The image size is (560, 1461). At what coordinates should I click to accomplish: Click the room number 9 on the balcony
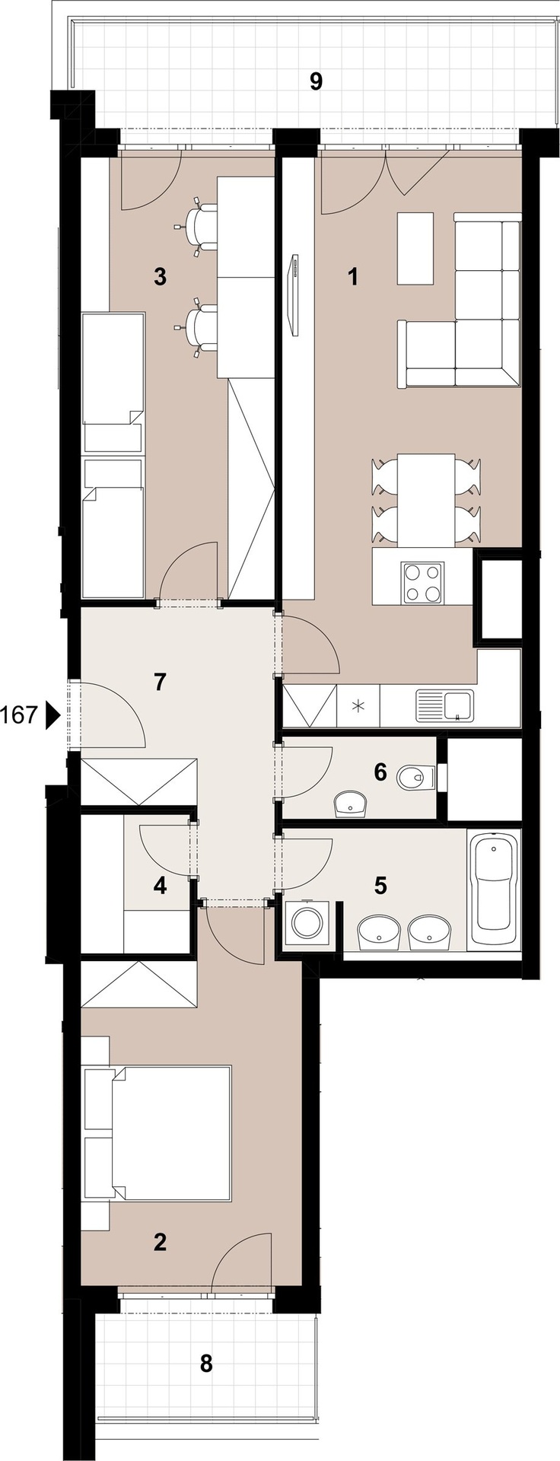316,81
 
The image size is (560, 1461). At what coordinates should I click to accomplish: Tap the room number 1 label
352,277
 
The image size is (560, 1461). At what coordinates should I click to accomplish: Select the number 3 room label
160,277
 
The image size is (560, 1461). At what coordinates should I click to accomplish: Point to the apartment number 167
20,715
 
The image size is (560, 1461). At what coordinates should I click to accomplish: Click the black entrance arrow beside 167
52,715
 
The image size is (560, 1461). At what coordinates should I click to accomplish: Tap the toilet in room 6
415,776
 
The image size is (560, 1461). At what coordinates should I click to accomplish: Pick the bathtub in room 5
495,890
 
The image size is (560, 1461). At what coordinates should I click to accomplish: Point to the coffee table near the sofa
415,249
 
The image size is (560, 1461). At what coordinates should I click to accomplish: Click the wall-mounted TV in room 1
292,294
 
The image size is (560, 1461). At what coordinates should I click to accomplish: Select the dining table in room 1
427,500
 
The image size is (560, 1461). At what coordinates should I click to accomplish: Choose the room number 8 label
206,1364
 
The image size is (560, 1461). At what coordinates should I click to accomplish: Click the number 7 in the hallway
160,682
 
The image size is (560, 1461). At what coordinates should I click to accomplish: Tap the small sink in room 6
351,803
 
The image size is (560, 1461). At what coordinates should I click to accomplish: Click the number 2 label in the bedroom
160,1243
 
